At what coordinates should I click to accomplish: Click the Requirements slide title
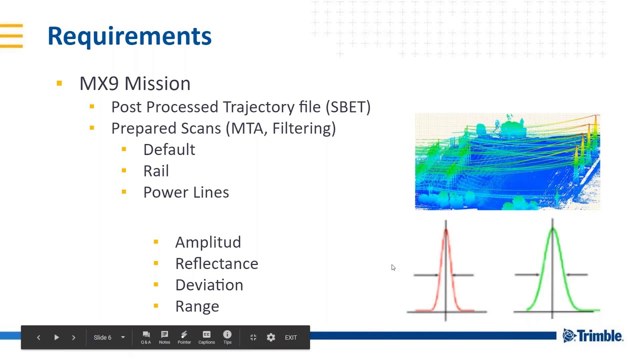pyautogui.click(x=129, y=36)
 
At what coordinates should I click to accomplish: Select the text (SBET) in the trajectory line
pyautogui.click(x=347, y=107)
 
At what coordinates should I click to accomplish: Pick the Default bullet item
pyautogui.click(x=169, y=150)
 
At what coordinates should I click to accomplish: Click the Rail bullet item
pyautogui.click(x=156, y=171)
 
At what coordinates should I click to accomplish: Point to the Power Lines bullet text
pyautogui.click(x=186, y=192)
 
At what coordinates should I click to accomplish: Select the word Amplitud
pyautogui.click(x=208, y=242)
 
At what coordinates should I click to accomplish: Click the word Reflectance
pyautogui.click(x=216, y=264)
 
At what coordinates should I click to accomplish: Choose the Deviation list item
pyautogui.click(x=209, y=285)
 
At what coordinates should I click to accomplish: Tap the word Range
pyautogui.click(x=197, y=306)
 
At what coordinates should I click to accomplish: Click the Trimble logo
pyautogui.click(x=592, y=336)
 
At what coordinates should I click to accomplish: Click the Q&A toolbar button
pyautogui.click(x=146, y=337)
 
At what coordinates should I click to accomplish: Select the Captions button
pyautogui.click(x=206, y=337)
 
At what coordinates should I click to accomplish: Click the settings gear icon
pyautogui.click(x=271, y=337)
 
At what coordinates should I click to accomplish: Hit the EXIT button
pyautogui.click(x=291, y=337)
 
